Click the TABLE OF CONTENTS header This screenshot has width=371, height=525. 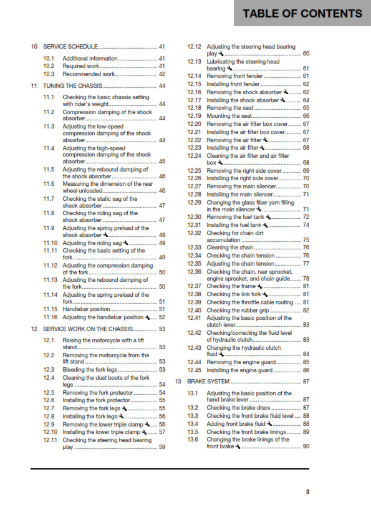pos(302,13)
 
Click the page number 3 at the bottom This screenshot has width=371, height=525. pos(307,491)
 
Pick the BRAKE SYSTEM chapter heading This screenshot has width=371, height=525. pos(209,381)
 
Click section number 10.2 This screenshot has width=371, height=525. pos(49,65)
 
